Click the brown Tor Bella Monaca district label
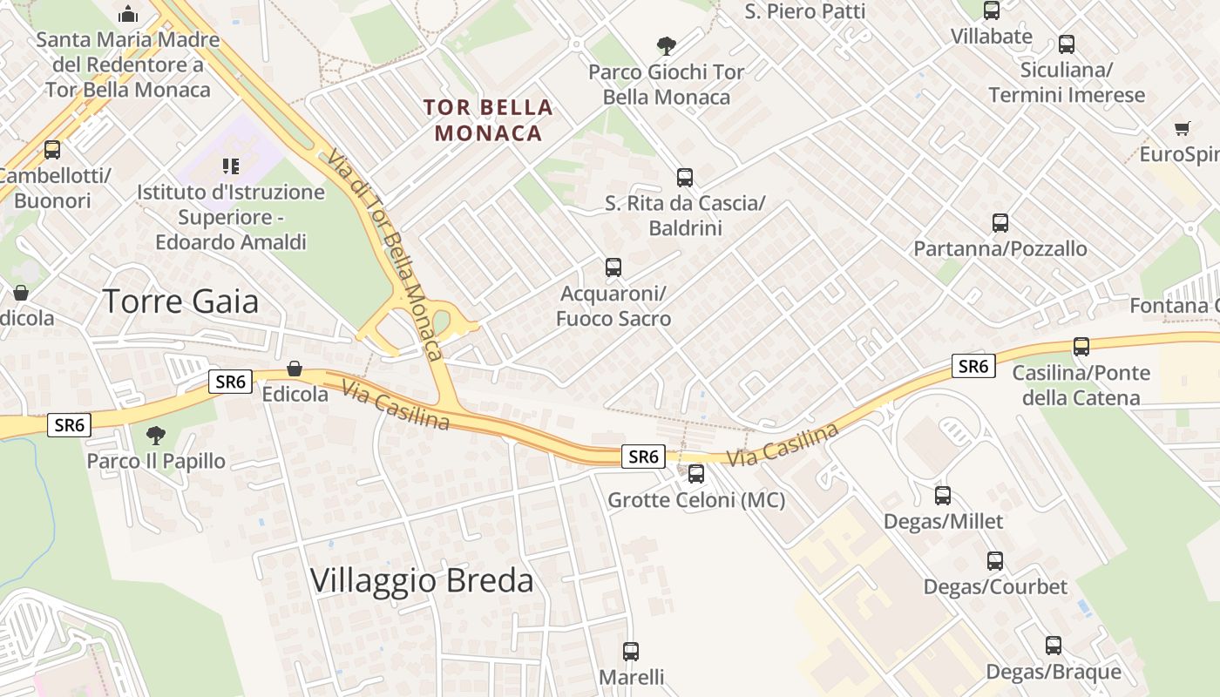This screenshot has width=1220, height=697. coord(488,120)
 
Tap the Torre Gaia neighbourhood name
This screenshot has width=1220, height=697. coord(181,301)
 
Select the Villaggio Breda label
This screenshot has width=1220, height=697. coord(422,580)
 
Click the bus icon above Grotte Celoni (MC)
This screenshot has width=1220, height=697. coord(695,474)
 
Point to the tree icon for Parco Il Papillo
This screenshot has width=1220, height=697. coord(156,435)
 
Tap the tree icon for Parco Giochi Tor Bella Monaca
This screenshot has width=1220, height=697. coord(667,46)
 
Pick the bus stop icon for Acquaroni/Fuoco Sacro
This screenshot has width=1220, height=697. coord(613,267)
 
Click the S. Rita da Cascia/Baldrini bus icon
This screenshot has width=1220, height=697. coord(685,178)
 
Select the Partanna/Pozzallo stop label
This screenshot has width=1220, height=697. coord(1000,249)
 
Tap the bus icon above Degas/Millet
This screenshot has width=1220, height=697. coord(943,496)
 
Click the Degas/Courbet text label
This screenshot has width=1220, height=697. coord(995,587)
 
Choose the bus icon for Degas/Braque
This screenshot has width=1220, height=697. coord(1054,646)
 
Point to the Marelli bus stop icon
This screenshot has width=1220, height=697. coord(631,651)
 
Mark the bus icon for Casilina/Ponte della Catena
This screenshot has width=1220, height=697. coord(1081,347)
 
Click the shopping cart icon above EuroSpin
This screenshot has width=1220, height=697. coord(1183,129)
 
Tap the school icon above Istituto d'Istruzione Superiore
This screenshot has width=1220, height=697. coord(231,166)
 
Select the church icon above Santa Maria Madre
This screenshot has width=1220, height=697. coord(128,14)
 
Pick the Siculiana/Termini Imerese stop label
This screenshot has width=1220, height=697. coord(1067,83)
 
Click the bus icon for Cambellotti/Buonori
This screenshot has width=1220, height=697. coord(52,150)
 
